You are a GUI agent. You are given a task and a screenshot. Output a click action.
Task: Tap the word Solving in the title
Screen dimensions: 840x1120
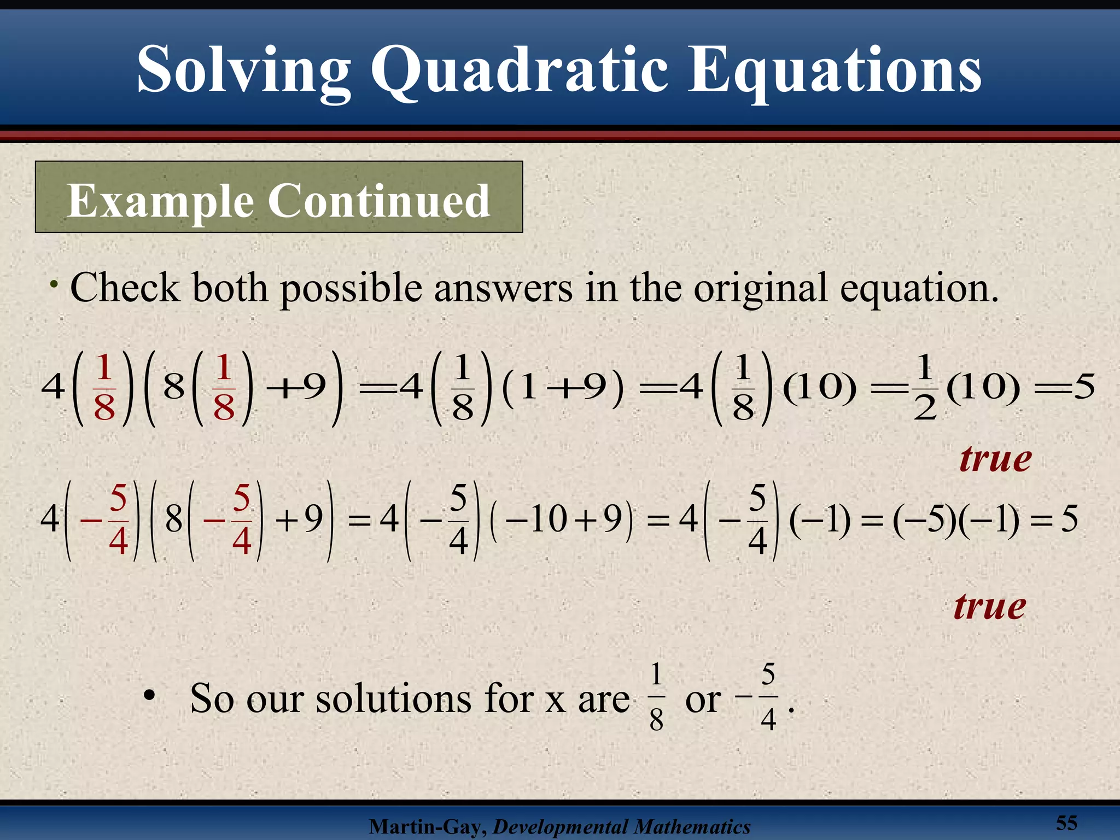coord(243,71)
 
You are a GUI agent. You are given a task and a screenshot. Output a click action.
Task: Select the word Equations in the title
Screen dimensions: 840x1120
coord(834,71)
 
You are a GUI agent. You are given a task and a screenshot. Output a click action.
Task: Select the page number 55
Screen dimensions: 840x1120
coord(1066,822)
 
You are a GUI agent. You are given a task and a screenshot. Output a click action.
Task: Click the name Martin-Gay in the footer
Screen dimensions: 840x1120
coord(427,826)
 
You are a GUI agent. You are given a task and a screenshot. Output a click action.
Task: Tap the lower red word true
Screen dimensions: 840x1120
coord(989,606)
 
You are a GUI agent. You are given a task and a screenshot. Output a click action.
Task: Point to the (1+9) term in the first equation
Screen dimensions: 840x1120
coord(562,387)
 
